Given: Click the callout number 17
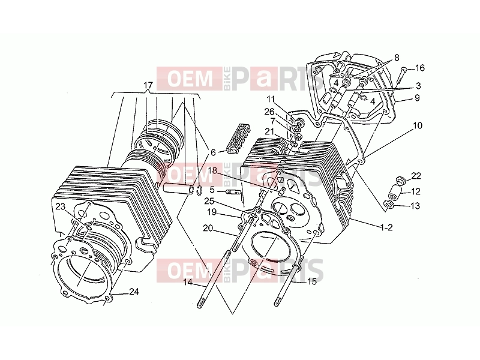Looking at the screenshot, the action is pyautogui.click(x=148, y=85).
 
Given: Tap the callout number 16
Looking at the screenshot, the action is pyautogui.click(x=420, y=68).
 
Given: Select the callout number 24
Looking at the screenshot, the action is pyautogui.click(x=134, y=292).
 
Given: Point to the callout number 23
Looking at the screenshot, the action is pyautogui.click(x=61, y=206).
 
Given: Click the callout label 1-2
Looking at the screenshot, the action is pyautogui.click(x=386, y=227).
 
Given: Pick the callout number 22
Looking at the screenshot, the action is pyautogui.click(x=416, y=176).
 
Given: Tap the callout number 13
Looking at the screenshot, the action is pyautogui.click(x=415, y=206).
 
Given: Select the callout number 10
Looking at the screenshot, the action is pyautogui.click(x=418, y=125).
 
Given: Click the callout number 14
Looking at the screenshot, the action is pyautogui.click(x=188, y=282).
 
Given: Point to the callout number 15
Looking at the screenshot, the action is pyautogui.click(x=311, y=281).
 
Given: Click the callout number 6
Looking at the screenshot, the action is pyautogui.click(x=213, y=152).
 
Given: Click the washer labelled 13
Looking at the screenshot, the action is pyautogui.click(x=389, y=204).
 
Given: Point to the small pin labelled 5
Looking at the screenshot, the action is pyautogui.click(x=231, y=192).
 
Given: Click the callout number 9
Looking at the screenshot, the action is pyautogui.click(x=417, y=98).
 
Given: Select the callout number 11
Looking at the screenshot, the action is pyautogui.click(x=271, y=99).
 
